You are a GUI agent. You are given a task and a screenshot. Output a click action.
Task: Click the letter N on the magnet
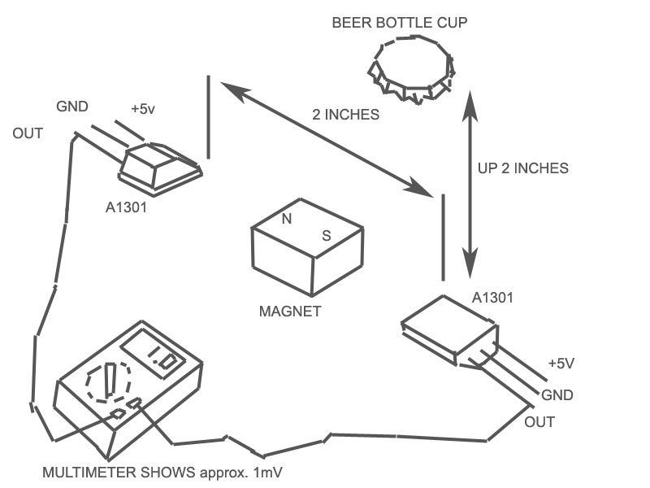click(x=286, y=218)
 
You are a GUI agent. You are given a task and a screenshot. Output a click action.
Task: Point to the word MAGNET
click(x=290, y=311)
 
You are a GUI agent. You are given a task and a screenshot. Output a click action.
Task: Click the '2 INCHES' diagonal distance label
click(x=345, y=115)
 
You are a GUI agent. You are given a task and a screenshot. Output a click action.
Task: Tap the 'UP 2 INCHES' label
click(x=522, y=168)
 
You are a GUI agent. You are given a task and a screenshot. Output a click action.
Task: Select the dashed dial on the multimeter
click(x=108, y=382)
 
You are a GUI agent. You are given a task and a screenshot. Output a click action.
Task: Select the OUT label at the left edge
click(x=28, y=133)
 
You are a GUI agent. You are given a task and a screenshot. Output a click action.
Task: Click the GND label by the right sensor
click(x=557, y=396)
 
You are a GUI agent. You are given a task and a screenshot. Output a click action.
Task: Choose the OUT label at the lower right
click(x=539, y=422)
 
